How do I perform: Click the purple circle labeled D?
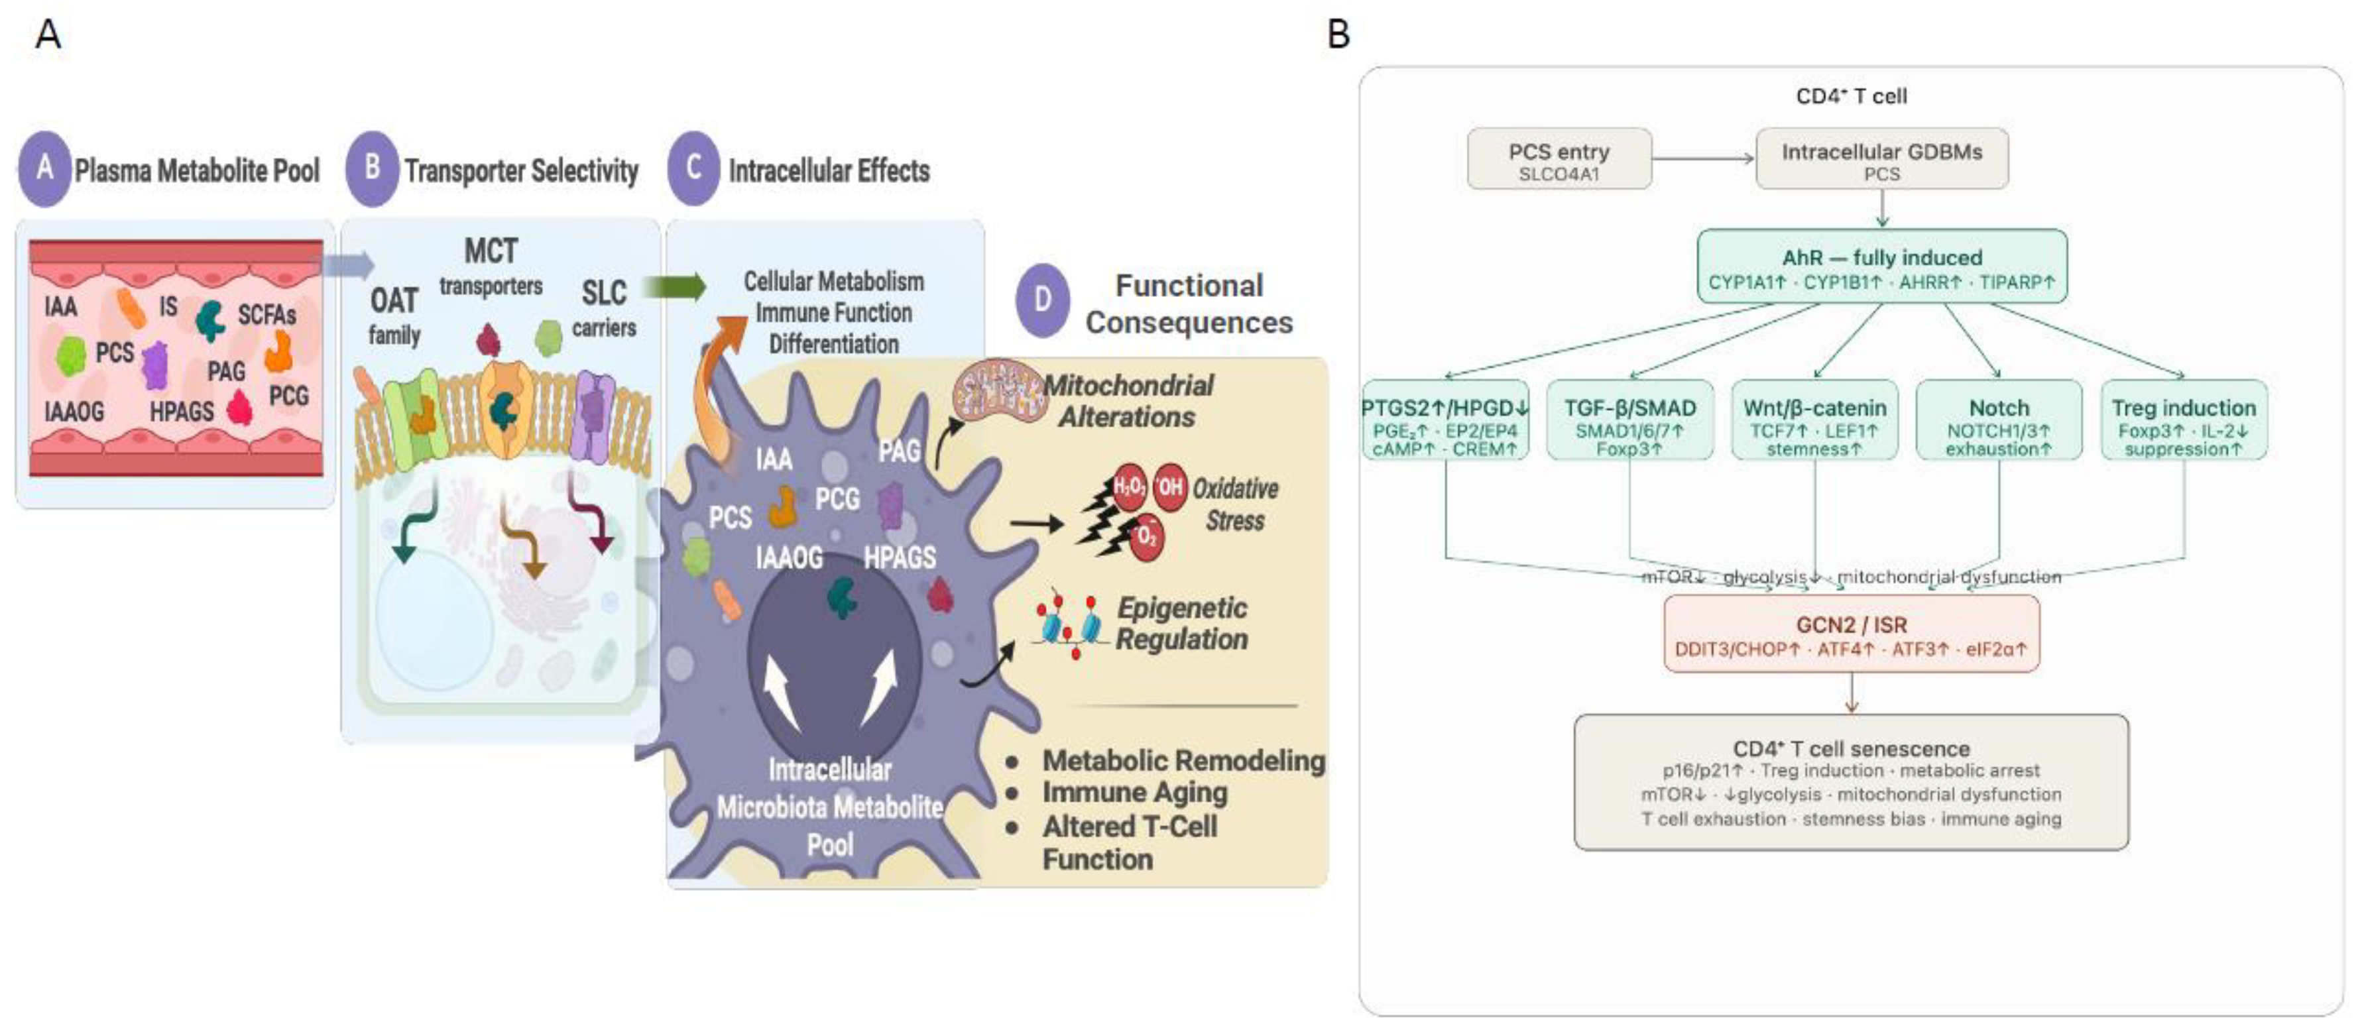(1043, 301)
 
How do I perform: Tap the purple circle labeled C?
(694, 168)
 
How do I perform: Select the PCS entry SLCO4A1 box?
(1559, 160)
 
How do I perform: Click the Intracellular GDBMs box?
(1881, 160)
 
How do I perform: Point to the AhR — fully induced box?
(1881, 266)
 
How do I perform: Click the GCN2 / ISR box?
(1852, 634)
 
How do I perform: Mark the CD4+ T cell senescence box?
(1852, 783)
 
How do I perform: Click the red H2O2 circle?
(1129, 487)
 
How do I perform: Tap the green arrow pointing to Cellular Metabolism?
(674, 287)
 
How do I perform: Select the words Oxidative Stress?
(1235, 504)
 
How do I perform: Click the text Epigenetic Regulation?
(1182, 623)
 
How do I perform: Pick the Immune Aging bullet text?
(1135, 793)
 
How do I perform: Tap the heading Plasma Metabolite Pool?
(196, 170)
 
